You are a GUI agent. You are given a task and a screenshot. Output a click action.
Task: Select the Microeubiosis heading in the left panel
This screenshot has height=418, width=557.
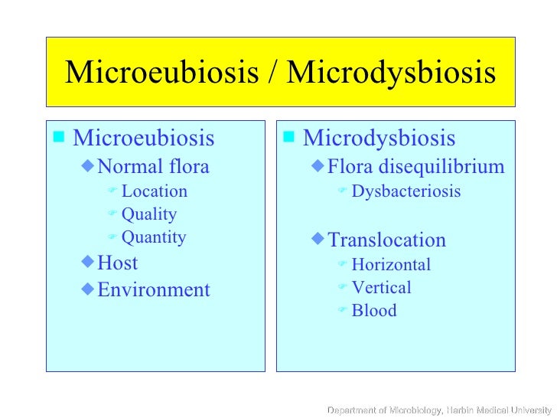(x=143, y=139)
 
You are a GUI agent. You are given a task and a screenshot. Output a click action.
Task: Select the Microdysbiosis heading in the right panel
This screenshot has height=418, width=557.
(x=379, y=139)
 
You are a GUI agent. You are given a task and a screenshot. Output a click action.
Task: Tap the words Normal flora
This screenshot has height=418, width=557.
(x=153, y=166)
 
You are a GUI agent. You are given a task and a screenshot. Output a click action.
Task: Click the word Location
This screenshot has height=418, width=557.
(x=154, y=191)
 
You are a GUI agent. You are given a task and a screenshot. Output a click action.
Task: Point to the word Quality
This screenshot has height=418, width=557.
(x=148, y=214)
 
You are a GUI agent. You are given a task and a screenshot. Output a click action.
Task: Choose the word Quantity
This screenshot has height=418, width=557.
(x=153, y=237)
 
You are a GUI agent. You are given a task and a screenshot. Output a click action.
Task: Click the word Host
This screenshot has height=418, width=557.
(x=118, y=263)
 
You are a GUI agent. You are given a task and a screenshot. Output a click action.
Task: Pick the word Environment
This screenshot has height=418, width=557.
(x=153, y=289)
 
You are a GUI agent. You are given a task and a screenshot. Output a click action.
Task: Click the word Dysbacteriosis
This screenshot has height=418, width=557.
(x=406, y=191)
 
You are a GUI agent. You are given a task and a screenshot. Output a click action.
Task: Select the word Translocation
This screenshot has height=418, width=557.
(x=386, y=240)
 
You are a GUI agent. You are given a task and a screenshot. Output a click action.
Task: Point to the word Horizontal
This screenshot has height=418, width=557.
(x=390, y=265)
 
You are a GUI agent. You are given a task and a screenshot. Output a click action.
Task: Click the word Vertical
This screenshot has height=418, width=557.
(x=381, y=288)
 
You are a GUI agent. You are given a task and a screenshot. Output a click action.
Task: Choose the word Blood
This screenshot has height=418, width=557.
(x=373, y=311)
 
